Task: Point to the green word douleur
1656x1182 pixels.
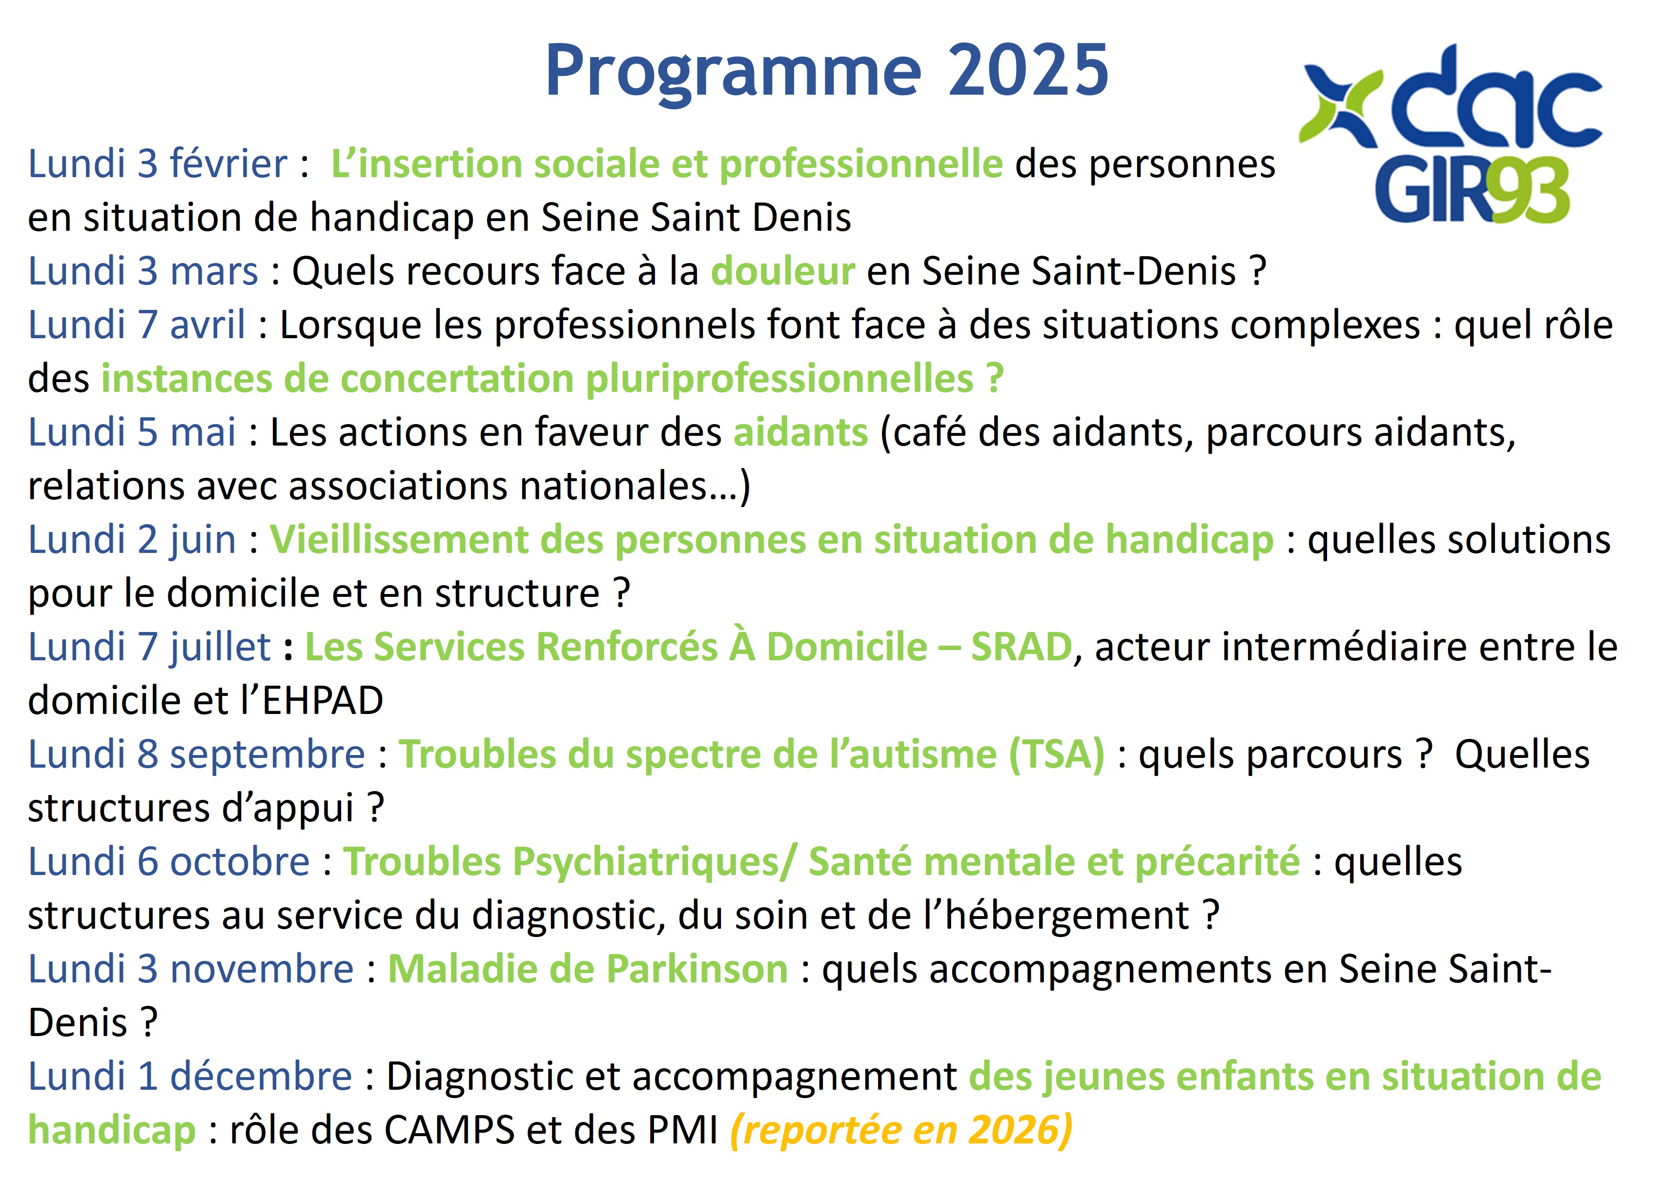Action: pos(782,271)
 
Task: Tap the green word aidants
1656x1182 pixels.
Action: pos(801,432)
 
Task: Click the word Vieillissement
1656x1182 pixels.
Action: pos(399,540)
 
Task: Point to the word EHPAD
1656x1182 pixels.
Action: pos(323,701)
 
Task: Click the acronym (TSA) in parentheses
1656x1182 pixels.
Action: pos(1057,755)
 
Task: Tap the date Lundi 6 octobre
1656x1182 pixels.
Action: pos(169,862)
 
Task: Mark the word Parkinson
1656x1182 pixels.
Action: pos(697,970)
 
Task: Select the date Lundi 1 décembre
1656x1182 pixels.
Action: pos(190,1077)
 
